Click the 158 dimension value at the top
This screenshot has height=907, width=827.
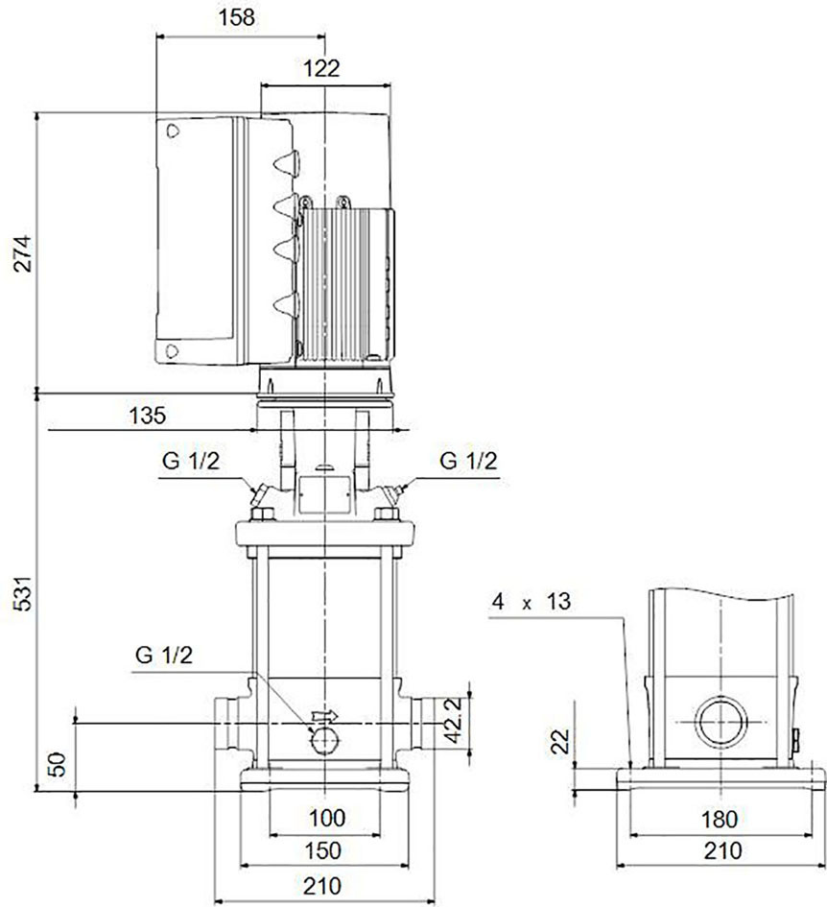point(236,17)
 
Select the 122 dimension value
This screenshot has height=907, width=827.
point(321,68)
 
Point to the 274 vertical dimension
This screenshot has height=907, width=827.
point(23,253)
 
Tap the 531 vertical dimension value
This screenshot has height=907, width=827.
point(23,593)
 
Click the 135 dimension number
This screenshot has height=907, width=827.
point(147,416)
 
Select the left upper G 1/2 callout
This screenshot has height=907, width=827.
point(191,461)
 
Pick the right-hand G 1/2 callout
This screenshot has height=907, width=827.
point(468,461)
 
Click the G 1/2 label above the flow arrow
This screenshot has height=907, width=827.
point(164,655)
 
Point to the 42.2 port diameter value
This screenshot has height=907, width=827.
point(454,720)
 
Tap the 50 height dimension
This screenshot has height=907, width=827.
point(58,764)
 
